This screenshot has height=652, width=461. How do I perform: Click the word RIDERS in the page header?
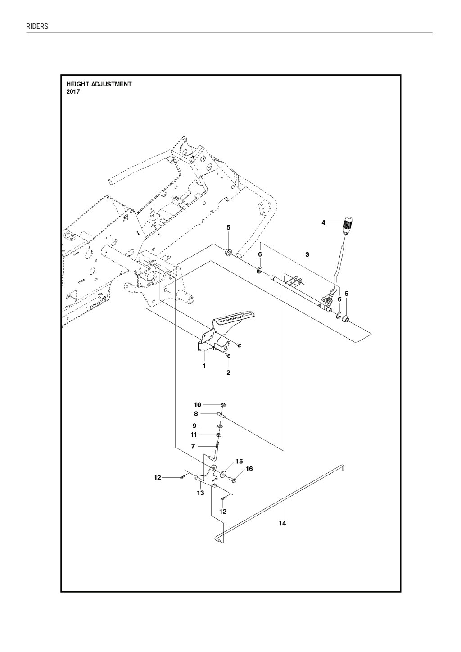(37, 27)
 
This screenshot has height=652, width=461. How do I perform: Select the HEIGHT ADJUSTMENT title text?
(99, 84)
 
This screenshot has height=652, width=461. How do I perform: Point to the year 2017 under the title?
(73, 92)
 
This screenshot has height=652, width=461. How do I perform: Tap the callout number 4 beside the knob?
(323, 223)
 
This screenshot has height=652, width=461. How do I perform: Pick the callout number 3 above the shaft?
(307, 254)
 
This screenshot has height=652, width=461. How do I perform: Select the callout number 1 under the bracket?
(204, 366)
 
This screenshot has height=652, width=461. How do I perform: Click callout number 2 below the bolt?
(228, 372)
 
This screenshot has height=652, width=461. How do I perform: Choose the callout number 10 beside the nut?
(198, 405)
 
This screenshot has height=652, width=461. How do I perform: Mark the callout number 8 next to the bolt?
(196, 414)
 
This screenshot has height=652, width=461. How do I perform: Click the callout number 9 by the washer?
(194, 426)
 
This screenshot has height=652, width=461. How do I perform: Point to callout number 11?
(194, 435)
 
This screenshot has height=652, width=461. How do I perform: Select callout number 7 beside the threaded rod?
(193, 446)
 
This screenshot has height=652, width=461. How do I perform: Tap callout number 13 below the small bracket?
(201, 493)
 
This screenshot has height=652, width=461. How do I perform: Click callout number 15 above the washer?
(239, 462)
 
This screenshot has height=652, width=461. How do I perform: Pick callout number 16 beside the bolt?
(249, 469)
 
